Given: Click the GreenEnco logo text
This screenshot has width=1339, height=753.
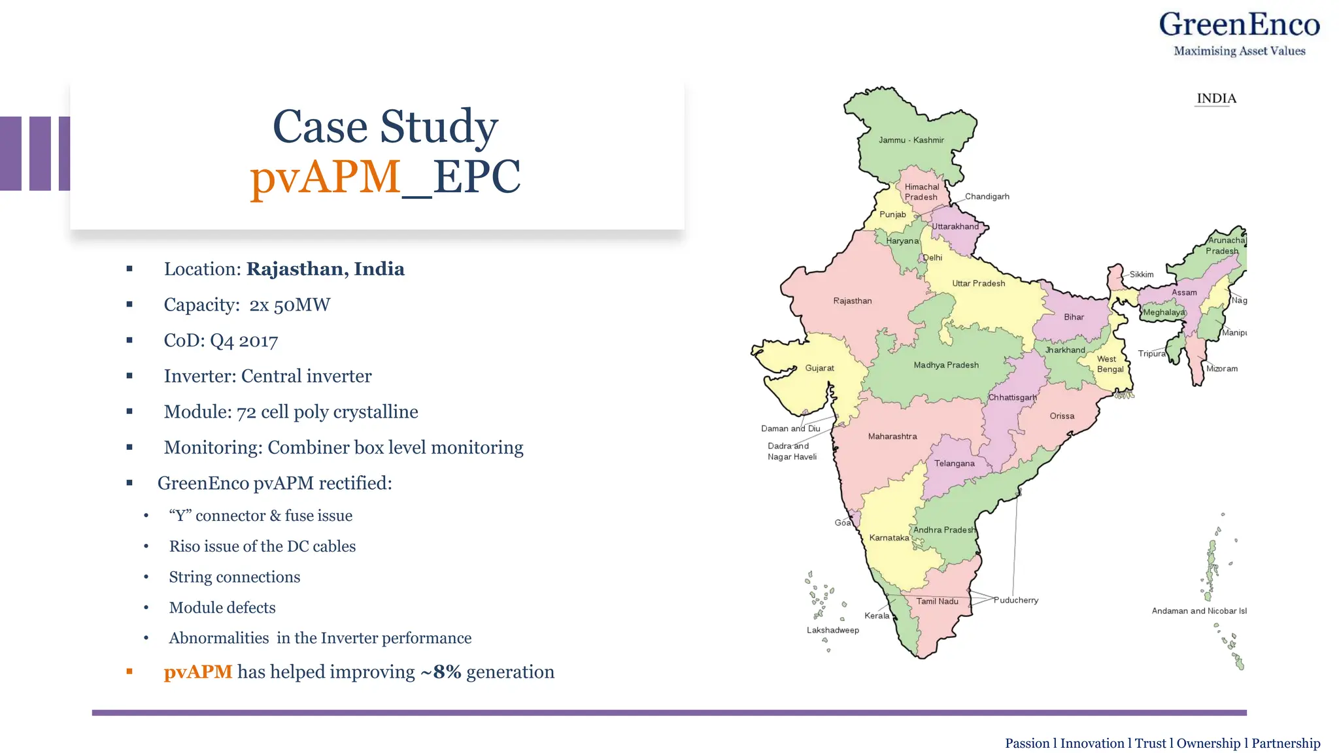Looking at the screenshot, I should pos(1239,25).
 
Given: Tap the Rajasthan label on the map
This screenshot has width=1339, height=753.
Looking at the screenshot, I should pos(852,301).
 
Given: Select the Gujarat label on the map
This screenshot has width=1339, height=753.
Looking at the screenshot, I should pos(819,368).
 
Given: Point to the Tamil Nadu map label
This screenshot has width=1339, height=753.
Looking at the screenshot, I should pos(937,601).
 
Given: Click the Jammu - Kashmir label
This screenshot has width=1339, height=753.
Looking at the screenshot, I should pos(911,140).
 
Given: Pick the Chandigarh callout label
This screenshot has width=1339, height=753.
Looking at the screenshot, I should pos(987,197).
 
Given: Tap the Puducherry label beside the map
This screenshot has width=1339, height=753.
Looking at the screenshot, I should pos(1015,600).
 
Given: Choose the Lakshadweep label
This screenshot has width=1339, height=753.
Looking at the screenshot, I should pos(832,630).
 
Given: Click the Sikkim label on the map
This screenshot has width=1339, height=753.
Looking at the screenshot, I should pos(1141,275).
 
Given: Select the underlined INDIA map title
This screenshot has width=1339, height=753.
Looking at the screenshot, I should pos(1216,99).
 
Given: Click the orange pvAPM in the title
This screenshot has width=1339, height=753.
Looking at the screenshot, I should pos(325,176).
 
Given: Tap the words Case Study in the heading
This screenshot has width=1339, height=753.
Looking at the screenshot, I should pos(385,126).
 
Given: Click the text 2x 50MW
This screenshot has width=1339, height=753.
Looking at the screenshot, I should pos(290,305).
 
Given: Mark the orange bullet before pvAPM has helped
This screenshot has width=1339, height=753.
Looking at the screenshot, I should pos(129,671).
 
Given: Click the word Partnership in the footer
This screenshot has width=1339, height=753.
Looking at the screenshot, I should pos(1285,743).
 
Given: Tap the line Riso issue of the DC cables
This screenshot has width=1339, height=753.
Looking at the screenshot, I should pos(262,546).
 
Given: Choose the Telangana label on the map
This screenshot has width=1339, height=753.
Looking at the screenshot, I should pos(954,463).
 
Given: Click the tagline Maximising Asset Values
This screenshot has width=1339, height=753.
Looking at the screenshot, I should pos(1239,51).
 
